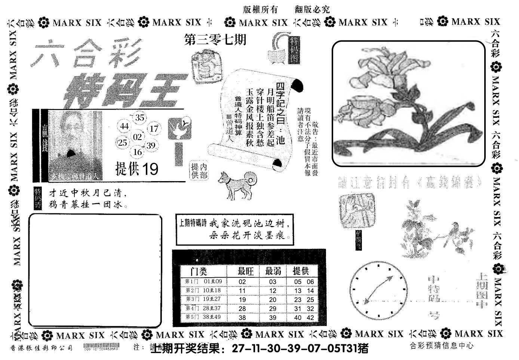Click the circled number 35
click(x=139, y=118)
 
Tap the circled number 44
click(x=125, y=127)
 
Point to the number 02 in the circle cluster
click(x=138, y=137)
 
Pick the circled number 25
click(x=122, y=143)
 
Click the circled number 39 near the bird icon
click(x=151, y=146)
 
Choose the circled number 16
click(x=138, y=152)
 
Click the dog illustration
click(x=237, y=183)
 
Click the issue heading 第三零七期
click(x=215, y=40)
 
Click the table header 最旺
click(x=246, y=271)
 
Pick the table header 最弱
click(x=273, y=271)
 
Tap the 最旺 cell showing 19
click(x=242, y=300)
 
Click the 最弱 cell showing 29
click(x=273, y=308)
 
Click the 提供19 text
click(x=137, y=169)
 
